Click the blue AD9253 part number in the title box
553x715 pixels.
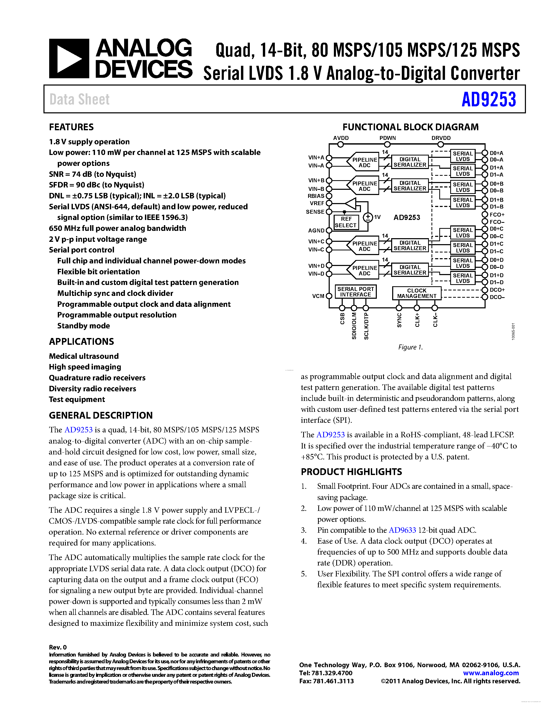click(x=488, y=100)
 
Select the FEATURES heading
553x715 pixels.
click(x=71, y=127)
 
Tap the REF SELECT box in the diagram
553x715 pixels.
click(x=346, y=222)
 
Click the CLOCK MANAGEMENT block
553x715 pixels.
click(x=417, y=293)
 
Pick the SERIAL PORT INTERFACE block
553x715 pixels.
click(x=355, y=292)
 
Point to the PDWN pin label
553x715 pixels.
click(x=387, y=138)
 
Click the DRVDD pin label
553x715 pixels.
click(x=441, y=138)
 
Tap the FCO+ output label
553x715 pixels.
click(x=497, y=215)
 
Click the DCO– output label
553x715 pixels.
click(x=497, y=297)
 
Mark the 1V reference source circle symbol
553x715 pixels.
click(x=368, y=217)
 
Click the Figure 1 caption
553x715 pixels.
click(x=410, y=347)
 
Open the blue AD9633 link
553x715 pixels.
click(x=402, y=530)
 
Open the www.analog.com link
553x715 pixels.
click(x=491, y=673)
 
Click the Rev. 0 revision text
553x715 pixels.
click(x=58, y=647)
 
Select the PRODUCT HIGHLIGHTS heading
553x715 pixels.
click(x=351, y=472)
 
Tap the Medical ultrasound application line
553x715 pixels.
click(x=84, y=356)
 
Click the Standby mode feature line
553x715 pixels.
click(x=84, y=326)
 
